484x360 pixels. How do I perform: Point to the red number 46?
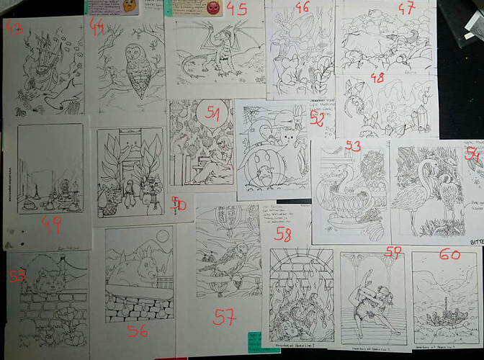click(302, 9)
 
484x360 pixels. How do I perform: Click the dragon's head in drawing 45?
click(228, 34)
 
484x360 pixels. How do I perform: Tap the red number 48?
click(376, 77)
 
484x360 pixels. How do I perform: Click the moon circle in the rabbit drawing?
click(163, 235)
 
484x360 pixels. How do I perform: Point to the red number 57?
click(226, 315)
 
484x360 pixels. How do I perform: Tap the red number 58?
click(283, 234)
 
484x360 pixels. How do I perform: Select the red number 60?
click(449, 254)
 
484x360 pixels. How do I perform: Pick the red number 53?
click(353, 147)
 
